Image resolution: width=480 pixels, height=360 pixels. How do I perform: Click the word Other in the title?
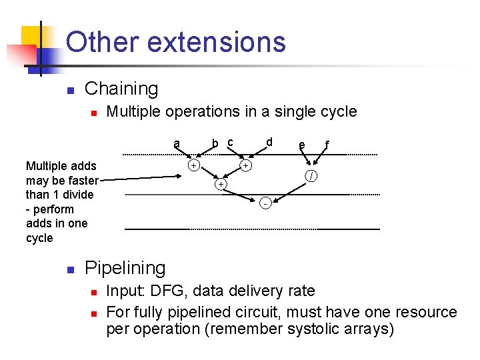[103, 42]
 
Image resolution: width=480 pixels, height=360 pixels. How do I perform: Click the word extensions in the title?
[216, 42]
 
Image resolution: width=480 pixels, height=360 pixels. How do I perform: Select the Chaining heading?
[121, 89]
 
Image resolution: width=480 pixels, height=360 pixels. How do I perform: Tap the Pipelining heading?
[125, 268]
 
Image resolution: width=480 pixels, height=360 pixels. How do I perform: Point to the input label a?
[176, 143]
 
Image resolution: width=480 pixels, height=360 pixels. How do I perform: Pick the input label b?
[215, 143]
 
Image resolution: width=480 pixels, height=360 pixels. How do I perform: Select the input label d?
[269, 142]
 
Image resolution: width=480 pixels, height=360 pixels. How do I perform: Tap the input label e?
[302, 145]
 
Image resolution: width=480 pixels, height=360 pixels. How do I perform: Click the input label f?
[326, 145]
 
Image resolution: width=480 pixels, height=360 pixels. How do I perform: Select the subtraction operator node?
[265, 203]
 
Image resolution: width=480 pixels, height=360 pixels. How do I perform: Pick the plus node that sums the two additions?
[221, 183]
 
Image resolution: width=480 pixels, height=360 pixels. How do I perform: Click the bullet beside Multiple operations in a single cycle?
[95, 113]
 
